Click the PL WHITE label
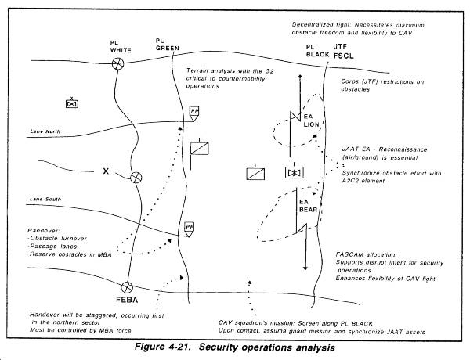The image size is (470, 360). [121, 47]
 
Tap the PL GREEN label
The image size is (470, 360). [168, 45]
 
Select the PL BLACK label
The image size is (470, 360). [317, 51]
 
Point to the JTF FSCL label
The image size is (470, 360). [344, 51]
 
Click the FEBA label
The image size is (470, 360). [127, 300]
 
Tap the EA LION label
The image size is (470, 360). [311, 121]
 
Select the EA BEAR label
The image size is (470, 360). [308, 206]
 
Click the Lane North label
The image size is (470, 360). [45, 131]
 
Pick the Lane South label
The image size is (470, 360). [45, 199]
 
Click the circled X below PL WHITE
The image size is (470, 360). [117, 63]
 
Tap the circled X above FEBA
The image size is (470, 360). [127, 287]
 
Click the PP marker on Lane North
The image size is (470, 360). [194, 113]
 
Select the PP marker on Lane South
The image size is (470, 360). [189, 229]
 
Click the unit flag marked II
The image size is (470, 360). [199, 149]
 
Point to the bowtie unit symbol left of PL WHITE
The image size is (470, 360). [71, 103]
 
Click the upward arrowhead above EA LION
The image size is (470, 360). [300, 77]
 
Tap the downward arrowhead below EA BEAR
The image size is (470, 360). [305, 268]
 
